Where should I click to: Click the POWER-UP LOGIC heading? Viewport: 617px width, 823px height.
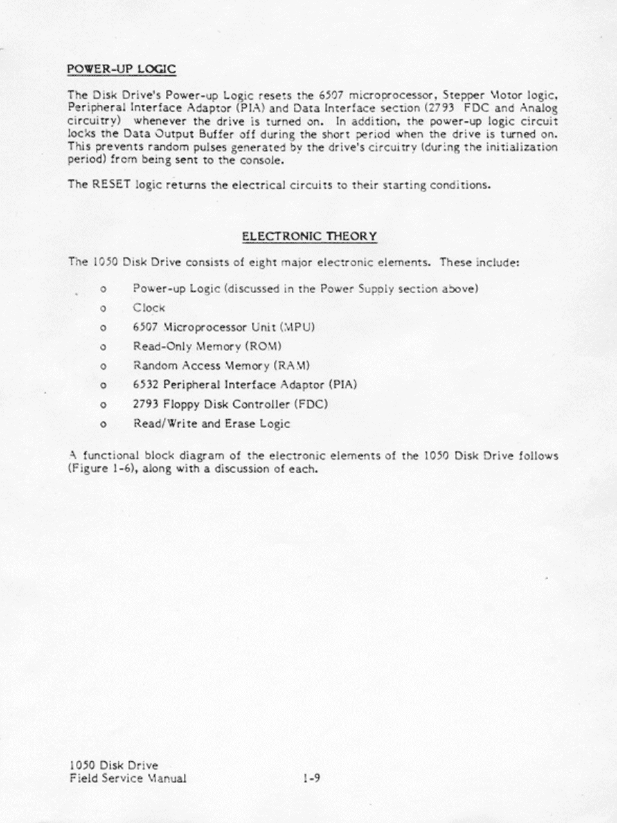coord(122,69)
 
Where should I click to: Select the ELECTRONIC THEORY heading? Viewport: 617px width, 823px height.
coord(309,237)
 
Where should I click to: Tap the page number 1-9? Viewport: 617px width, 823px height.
coord(311,779)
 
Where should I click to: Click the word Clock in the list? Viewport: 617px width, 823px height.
coord(149,308)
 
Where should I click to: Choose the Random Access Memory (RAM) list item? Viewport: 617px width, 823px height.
coord(221,366)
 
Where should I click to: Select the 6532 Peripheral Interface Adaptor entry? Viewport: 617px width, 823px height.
coord(244,385)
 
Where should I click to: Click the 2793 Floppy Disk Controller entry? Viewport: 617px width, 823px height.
coord(230,404)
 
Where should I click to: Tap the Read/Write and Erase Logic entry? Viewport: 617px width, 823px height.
coord(211,424)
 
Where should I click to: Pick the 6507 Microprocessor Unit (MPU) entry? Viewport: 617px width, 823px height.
coord(224,327)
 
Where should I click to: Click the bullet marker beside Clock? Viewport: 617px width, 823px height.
coord(103,309)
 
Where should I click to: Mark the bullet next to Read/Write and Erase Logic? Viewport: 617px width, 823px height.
coord(103,424)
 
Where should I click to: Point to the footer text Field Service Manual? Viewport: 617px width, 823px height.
coord(127,779)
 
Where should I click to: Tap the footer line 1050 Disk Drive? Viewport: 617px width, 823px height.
coord(113,766)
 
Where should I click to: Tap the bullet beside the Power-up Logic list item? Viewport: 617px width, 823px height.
coord(103,289)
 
